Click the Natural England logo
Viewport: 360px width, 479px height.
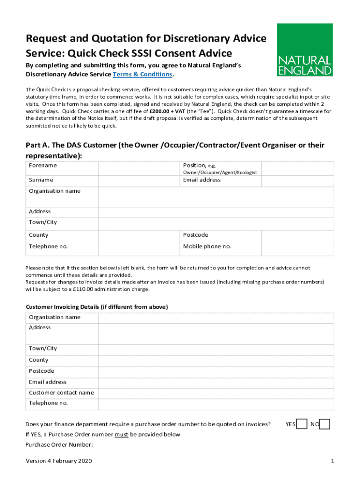coord(305,50)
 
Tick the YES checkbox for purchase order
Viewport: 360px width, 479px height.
coord(302,424)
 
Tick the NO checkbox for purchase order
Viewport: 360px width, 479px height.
coord(325,424)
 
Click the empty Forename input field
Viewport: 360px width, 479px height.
coord(138,168)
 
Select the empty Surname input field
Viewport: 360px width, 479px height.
coord(138,180)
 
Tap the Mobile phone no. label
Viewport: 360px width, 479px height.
coord(207,247)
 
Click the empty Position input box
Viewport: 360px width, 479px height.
coord(297,168)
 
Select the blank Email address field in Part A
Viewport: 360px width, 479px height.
coord(297,180)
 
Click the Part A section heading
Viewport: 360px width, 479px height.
coord(175,150)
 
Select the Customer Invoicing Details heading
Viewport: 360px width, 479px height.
coord(97,307)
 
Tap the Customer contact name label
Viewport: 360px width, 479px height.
coord(61,393)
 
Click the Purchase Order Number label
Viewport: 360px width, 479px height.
coord(59,445)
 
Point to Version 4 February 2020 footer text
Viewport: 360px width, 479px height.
coord(58,461)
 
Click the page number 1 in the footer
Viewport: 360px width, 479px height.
coord(332,461)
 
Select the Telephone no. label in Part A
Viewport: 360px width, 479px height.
coord(48,247)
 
